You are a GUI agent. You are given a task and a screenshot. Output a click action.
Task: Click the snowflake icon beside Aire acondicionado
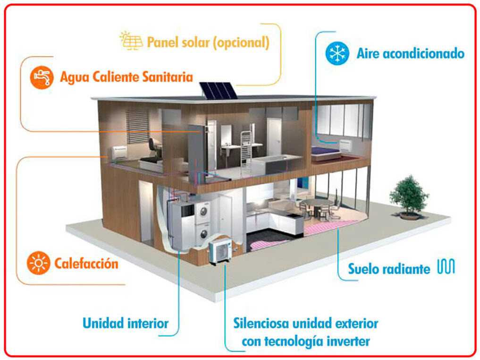[337, 53]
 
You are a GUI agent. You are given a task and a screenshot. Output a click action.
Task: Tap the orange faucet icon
[42, 77]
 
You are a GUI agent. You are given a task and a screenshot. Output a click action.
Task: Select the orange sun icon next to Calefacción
[38, 263]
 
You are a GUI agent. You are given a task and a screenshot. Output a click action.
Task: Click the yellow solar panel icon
[132, 41]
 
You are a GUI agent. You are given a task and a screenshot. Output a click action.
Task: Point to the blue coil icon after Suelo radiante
[446, 266]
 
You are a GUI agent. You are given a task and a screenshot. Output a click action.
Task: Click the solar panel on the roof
[219, 90]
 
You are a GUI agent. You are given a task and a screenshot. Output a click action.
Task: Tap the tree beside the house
[409, 197]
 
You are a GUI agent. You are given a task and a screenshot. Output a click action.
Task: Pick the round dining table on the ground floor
[319, 203]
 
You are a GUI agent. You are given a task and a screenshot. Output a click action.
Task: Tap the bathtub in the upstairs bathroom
[277, 164]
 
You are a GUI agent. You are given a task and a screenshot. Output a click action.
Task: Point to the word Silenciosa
[261, 323]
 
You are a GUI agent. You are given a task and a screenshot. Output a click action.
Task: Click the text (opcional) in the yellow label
[241, 42]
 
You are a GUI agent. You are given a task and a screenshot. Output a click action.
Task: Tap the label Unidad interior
[126, 323]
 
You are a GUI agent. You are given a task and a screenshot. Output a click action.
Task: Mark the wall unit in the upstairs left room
[118, 152]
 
